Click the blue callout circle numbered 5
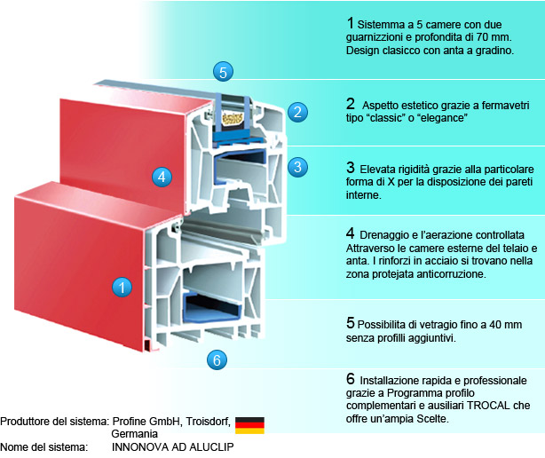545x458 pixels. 225,71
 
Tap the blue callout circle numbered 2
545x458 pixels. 298,112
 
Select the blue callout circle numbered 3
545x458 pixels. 298,166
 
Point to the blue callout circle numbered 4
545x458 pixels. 161,176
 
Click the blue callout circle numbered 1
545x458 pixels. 122,261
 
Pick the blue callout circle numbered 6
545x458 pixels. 217,359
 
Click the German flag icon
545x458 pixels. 249,425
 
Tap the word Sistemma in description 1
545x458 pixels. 385,22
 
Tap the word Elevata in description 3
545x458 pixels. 377,167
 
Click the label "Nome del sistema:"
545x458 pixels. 44,446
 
